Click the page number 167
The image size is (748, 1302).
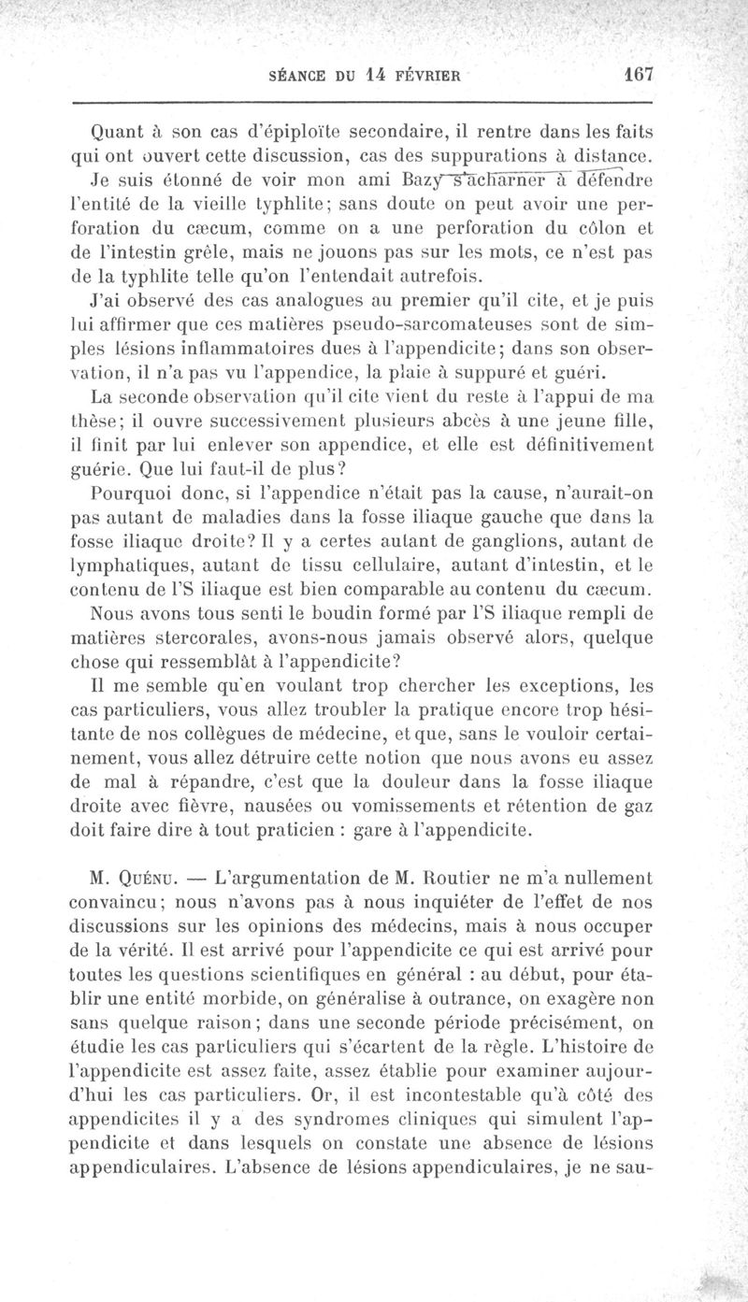tap(641, 74)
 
